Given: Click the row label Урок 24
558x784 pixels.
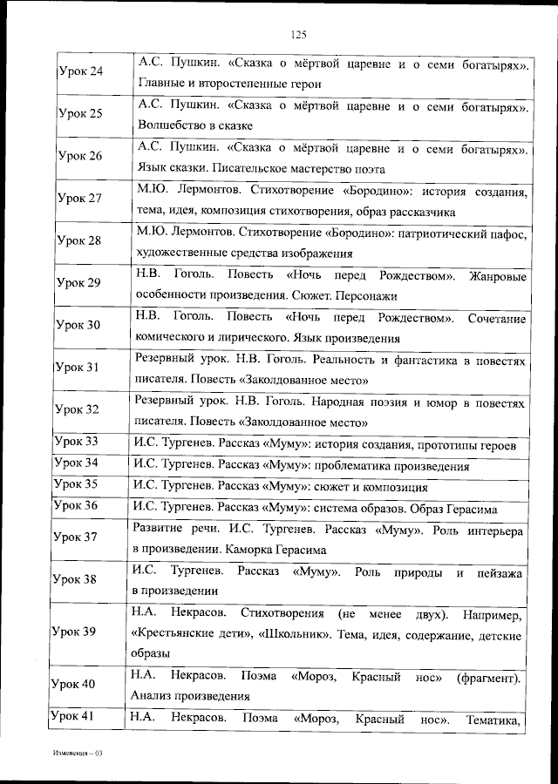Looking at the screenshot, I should click(x=78, y=71).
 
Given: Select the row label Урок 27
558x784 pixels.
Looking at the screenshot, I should click(x=78, y=199).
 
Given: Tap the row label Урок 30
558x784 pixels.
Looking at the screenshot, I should click(x=78, y=325).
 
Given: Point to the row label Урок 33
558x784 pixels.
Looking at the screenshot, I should click(x=76, y=442).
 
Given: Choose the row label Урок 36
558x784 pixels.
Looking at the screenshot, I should click(x=76, y=505).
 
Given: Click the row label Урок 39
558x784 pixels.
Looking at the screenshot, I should click(x=74, y=631).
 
